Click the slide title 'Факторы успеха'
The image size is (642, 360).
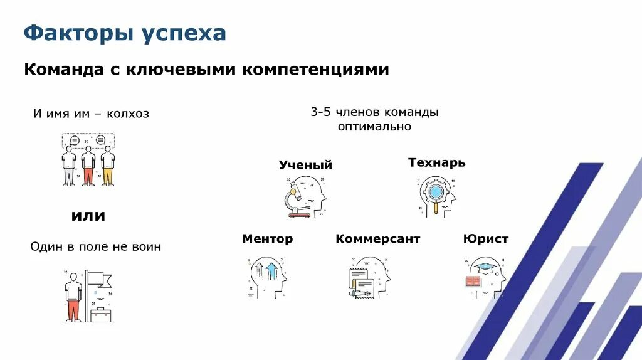click(x=125, y=33)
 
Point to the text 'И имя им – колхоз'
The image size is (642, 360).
click(x=91, y=114)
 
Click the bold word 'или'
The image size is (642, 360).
click(x=88, y=216)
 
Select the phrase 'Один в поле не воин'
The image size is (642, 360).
click(x=95, y=246)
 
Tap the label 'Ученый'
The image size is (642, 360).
click(x=305, y=165)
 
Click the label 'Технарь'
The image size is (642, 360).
click(x=436, y=162)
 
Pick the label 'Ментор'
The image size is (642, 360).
click(x=267, y=239)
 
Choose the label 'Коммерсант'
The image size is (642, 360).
click(x=377, y=239)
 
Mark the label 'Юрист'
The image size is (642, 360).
click(x=485, y=239)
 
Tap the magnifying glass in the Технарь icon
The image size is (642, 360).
click(x=433, y=192)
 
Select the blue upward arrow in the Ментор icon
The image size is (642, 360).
click(x=271, y=271)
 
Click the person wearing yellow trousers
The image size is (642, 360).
click(x=108, y=166)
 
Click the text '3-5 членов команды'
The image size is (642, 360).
click(x=374, y=112)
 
